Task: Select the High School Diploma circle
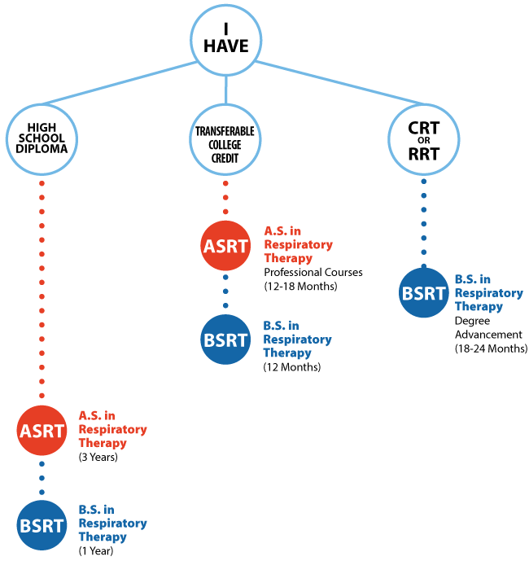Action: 42,140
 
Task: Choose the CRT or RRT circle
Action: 423,140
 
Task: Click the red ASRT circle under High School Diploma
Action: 42,430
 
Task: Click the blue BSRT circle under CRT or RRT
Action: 423,293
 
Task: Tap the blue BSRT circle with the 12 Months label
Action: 225,339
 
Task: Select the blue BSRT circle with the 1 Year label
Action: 42,523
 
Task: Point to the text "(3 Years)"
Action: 98,458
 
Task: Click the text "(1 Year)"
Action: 96,551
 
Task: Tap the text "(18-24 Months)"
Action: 491,348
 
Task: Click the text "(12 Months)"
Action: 291,367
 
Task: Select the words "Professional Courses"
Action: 313,272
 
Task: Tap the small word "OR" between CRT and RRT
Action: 423,140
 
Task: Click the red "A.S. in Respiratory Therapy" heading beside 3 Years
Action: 112,429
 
